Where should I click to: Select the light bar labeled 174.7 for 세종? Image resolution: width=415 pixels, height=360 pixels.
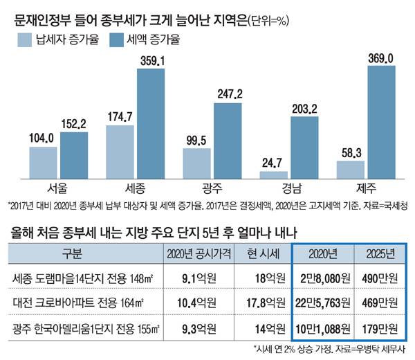coord(122,152)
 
